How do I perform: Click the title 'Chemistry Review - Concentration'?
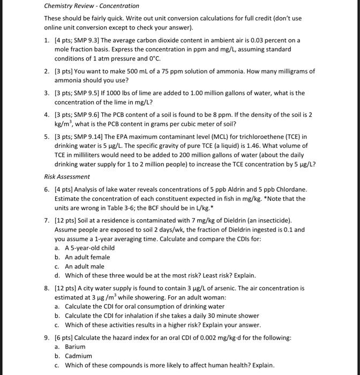pos(92,6)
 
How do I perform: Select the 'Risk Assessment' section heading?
pos(67,176)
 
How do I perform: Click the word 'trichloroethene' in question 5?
pos(268,137)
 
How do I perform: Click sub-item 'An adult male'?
pos(85,266)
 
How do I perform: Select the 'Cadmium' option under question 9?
pos(78,356)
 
